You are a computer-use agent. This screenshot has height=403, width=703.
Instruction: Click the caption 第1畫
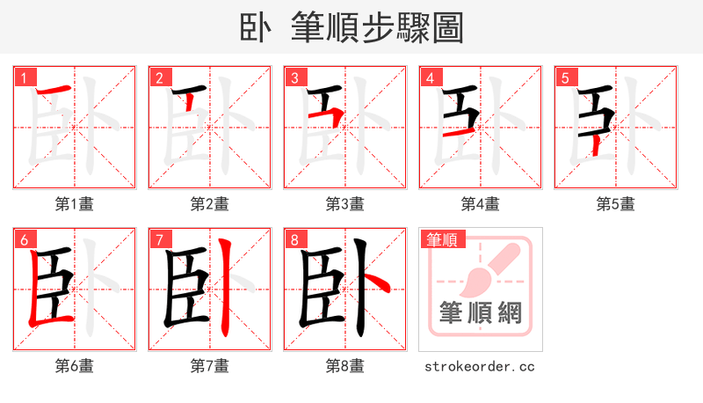[x=74, y=204]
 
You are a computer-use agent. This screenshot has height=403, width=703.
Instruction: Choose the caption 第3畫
[x=344, y=204]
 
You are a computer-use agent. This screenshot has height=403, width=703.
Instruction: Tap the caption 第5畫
[x=615, y=204]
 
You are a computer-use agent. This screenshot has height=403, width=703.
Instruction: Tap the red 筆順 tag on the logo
[x=442, y=239]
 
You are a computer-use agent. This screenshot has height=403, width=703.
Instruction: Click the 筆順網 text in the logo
[x=480, y=312]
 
